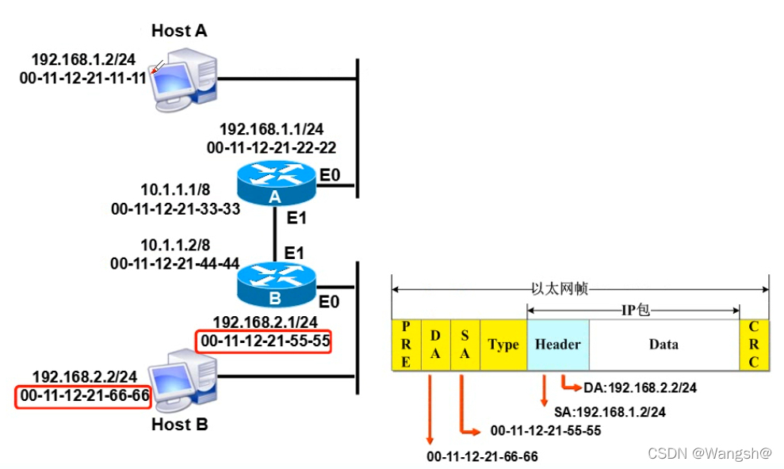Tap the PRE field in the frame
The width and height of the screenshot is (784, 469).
(406, 345)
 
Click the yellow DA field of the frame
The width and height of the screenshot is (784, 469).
(435, 345)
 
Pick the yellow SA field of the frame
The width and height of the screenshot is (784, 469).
(465, 345)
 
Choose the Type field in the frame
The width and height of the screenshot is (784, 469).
(503, 345)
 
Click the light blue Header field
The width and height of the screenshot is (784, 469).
(558, 345)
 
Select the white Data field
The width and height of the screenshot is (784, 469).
(664, 345)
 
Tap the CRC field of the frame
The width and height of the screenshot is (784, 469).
(754, 345)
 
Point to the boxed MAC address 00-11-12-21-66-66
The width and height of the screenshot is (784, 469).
(82, 395)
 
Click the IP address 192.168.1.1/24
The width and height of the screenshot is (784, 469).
(271, 129)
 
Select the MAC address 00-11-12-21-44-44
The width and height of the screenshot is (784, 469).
(175, 263)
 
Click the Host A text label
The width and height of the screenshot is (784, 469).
(179, 31)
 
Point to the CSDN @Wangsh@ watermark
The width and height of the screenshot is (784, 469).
(709, 453)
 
